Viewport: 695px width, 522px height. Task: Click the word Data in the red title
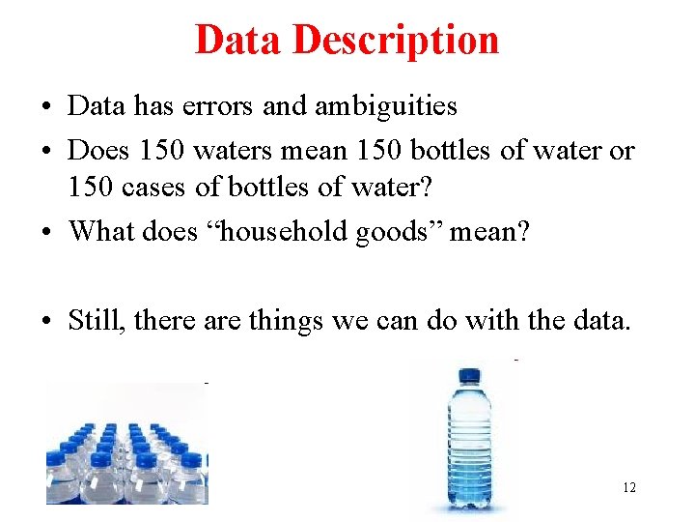pyautogui.click(x=237, y=40)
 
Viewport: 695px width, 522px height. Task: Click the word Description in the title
pyautogui.click(x=396, y=41)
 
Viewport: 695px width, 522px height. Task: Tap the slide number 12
pyautogui.click(x=629, y=487)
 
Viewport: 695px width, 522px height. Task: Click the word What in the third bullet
pyautogui.click(x=102, y=231)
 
